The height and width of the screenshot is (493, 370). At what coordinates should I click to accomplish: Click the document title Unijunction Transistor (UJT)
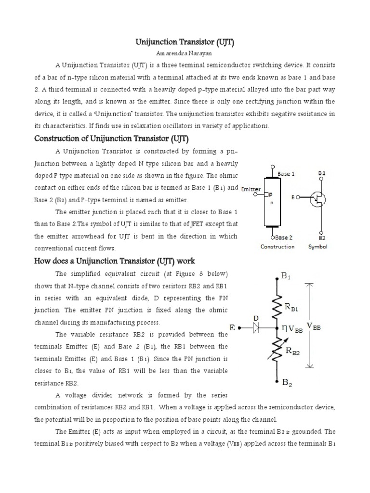pyautogui.click(x=185, y=43)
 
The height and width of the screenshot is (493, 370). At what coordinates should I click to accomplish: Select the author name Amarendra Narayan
pyautogui.click(x=185, y=54)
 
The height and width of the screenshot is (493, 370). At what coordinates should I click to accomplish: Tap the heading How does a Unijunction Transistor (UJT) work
pyautogui.click(x=114, y=261)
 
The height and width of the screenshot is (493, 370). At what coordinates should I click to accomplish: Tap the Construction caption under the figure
pyautogui.click(x=277, y=247)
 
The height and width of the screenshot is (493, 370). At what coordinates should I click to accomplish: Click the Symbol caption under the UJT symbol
pyautogui.click(x=318, y=247)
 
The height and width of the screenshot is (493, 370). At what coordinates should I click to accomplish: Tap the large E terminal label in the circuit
pyautogui.click(x=232, y=328)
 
